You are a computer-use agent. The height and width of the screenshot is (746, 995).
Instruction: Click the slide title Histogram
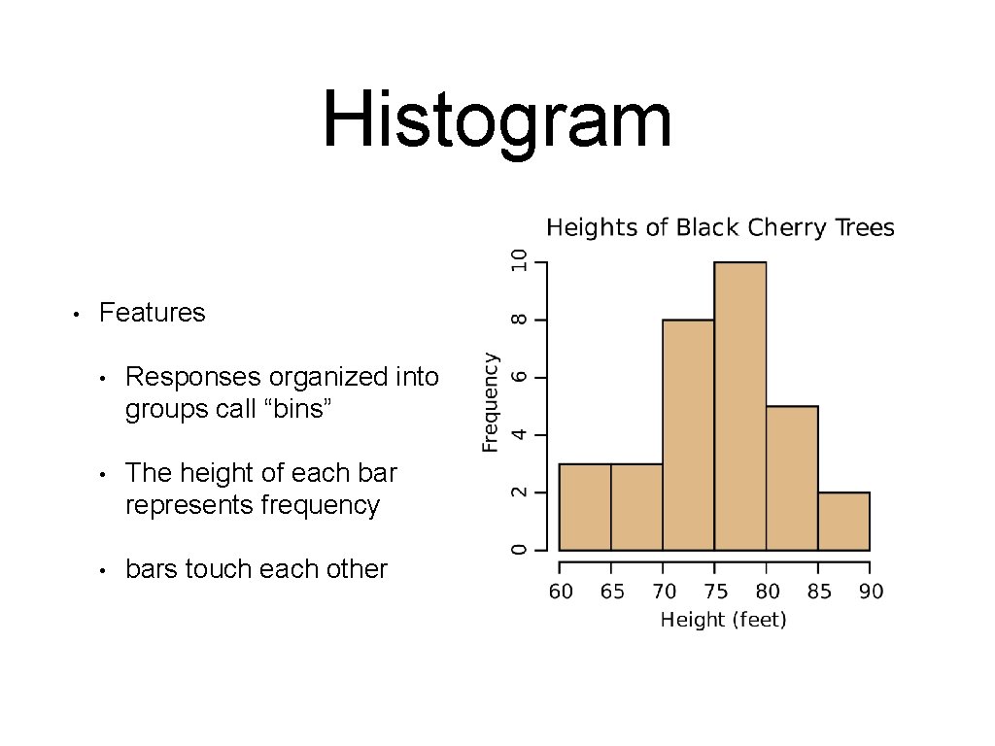point(497,120)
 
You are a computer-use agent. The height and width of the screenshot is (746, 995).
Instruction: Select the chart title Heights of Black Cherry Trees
point(720,228)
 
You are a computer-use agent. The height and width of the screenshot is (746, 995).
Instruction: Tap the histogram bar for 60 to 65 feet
point(585,507)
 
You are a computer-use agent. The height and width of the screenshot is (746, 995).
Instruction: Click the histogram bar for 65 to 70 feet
point(636,507)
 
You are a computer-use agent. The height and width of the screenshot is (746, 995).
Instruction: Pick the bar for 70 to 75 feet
point(688,435)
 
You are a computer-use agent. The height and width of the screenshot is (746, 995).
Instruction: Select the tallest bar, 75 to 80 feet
point(740,406)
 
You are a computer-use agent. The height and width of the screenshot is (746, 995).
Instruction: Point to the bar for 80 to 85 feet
point(792,478)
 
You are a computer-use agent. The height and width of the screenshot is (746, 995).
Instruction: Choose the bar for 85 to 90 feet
point(843,521)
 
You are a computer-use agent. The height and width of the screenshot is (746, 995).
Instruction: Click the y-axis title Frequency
point(491,401)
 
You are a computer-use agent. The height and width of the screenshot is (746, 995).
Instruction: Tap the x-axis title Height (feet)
point(723,620)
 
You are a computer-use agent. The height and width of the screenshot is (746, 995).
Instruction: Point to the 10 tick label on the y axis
point(521,261)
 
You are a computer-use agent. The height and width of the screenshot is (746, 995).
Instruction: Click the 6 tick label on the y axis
point(521,377)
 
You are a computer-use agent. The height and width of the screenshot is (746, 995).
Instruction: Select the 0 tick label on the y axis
point(521,550)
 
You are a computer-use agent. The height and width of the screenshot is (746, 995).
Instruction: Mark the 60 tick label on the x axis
point(561,592)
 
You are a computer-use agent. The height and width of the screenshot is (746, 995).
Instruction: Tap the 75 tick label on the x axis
point(715,592)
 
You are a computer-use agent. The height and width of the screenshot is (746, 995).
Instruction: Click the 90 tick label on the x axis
point(871,592)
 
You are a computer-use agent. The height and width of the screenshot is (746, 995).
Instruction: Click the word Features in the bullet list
point(153,313)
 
